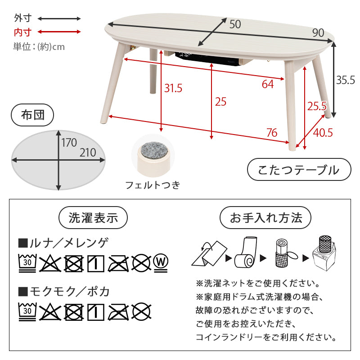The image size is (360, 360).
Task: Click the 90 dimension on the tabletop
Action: [318, 33]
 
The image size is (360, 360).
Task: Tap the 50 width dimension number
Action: [235, 24]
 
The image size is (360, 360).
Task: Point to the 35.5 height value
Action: [346, 80]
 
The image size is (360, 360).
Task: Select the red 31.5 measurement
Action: [173, 88]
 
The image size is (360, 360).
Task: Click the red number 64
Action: [268, 84]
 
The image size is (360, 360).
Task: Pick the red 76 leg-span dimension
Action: [272, 133]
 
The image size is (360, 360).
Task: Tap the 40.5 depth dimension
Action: [323, 133]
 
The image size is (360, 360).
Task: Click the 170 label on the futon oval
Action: [69, 143]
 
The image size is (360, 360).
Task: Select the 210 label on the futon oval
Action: [88, 153]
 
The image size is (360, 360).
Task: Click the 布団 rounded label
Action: [32, 115]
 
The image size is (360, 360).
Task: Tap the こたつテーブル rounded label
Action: [299, 170]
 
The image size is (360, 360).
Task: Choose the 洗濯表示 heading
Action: [93, 217]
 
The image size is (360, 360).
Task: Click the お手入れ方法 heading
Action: [265, 217]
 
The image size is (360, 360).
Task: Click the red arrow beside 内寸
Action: [59, 31]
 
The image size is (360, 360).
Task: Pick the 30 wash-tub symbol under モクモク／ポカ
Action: [27, 311]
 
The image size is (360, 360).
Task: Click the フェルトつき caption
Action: [153, 185]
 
